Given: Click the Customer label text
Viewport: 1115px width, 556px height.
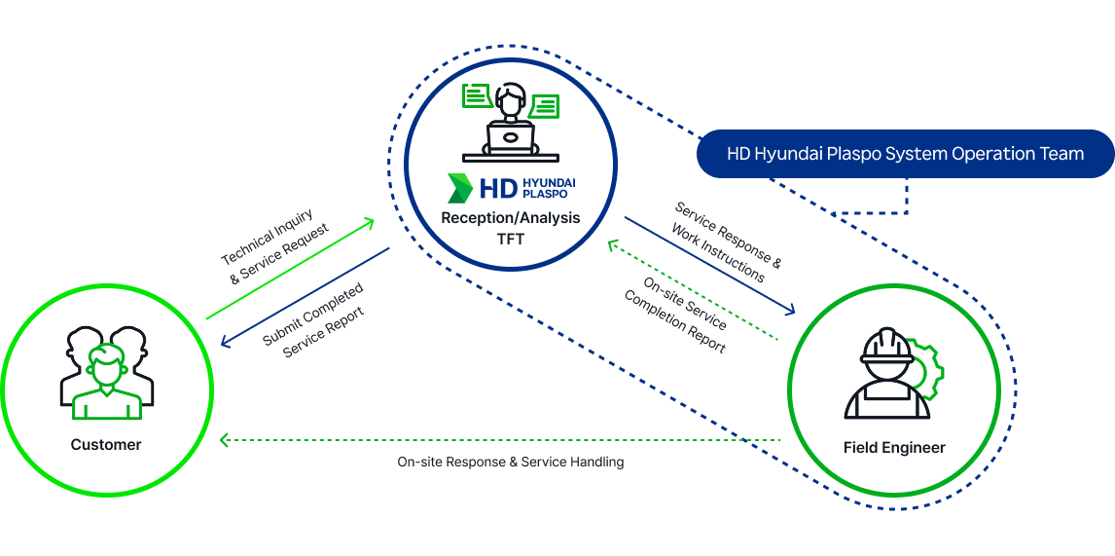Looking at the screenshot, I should pyautogui.click(x=106, y=445).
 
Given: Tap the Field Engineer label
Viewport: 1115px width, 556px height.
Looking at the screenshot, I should pyautogui.click(x=894, y=448).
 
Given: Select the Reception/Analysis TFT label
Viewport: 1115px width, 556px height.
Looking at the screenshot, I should pyautogui.click(x=510, y=227).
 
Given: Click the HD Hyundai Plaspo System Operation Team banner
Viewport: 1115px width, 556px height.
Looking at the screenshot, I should pyautogui.click(x=905, y=154).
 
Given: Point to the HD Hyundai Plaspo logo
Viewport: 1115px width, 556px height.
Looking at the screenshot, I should pyautogui.click(x=510, y=186).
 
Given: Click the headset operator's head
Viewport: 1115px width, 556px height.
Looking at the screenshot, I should pyautogui.click(x=510, y=100).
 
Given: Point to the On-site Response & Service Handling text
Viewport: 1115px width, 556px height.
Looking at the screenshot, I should pyautogui.click(x=510, y=462).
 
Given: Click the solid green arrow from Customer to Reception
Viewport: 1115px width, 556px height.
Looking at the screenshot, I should pyautogui.click(x=290, y=270).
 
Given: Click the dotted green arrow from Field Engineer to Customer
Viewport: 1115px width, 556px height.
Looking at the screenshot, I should pyautogui.click(x=500, y=440).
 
